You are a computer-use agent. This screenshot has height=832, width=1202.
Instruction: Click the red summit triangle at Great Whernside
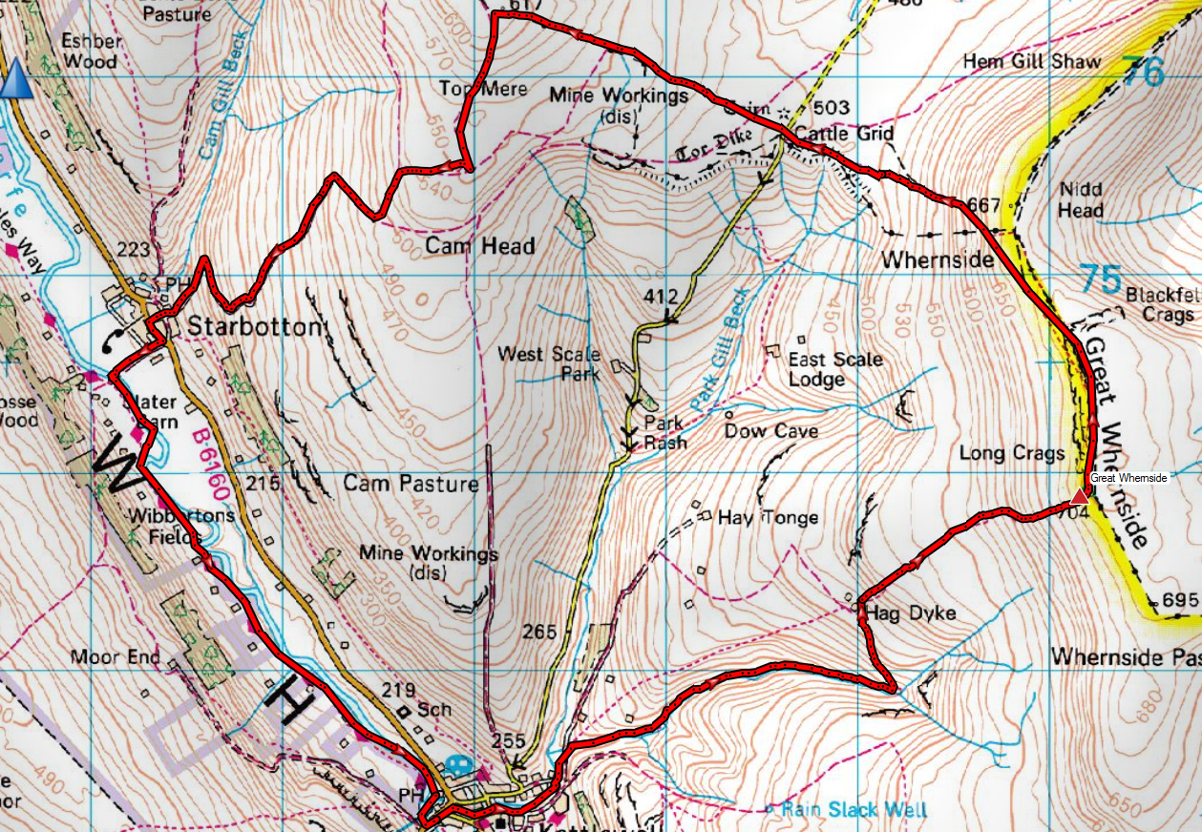pos(1079,496)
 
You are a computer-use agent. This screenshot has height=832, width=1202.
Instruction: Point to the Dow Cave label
pos(770,431)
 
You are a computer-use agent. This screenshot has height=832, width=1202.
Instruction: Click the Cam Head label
pos(479,246)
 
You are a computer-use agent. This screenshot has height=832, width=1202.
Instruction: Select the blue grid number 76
pos(1144,72)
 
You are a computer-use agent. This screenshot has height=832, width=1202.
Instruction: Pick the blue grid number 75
pos(1102,280)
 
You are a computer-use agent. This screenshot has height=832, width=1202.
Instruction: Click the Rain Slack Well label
pos(854,810)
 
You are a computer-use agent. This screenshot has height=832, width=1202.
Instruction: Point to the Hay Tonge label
pos(768,518)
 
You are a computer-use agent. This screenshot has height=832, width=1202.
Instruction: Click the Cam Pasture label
pos(411,484)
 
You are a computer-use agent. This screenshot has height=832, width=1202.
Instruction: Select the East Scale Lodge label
pos(834,369)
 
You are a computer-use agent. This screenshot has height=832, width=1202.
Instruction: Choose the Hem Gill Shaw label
pos(1031,61)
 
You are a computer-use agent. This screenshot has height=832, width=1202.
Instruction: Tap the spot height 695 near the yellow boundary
pos(1180,601)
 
